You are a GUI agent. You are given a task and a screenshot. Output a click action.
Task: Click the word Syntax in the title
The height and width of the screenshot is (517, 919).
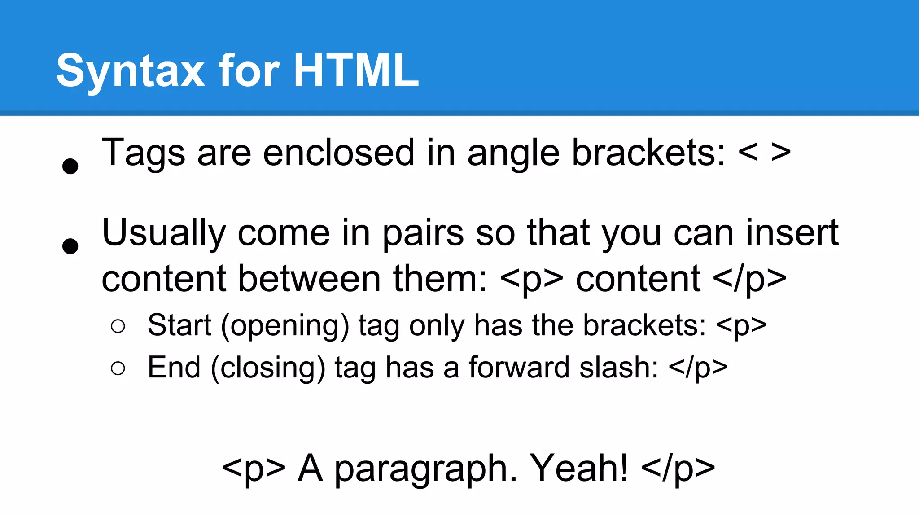point(131,71)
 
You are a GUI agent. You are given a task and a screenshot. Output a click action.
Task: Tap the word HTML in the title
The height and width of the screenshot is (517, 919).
point(357,70)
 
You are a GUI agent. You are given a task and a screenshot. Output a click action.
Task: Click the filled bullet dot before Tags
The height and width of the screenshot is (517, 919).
point(70,166)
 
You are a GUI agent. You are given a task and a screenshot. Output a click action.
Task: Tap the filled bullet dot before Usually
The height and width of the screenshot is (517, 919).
point(70,246)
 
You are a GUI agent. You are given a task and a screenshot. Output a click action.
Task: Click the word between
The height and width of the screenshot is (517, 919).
point(309,278)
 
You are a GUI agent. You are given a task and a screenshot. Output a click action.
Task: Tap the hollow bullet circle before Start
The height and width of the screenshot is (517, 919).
point(118,326)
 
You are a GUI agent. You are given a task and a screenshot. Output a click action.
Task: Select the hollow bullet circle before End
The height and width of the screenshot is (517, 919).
point(118,368)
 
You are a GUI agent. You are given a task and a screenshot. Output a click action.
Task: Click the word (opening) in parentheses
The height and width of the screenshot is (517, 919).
point(284,325)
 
